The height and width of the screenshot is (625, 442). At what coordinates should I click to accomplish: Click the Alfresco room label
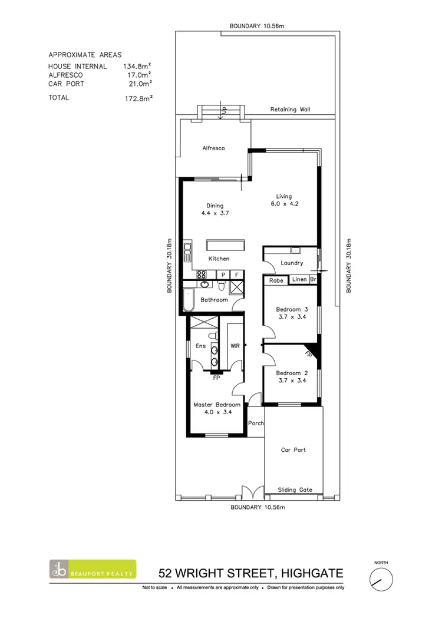coord(214,148)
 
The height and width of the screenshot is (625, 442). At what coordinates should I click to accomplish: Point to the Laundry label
coord(292,263)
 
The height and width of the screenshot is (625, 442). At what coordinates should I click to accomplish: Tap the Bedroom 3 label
coord(292,313)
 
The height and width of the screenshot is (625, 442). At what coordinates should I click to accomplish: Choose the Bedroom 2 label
coord(292,376)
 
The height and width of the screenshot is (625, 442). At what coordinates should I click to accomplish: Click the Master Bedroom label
coord(217,409)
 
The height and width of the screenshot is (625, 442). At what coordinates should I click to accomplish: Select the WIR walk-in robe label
coord(233,346)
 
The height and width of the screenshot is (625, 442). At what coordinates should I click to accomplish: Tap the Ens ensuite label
coord(200,346)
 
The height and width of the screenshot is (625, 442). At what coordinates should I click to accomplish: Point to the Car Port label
coord(293,449)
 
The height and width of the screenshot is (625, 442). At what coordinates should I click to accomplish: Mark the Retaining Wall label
coord(290,110)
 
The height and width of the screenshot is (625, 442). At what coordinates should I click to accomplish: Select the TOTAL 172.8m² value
coord(136,98)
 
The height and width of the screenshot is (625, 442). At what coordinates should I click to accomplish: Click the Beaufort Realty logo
coord(93,569)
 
